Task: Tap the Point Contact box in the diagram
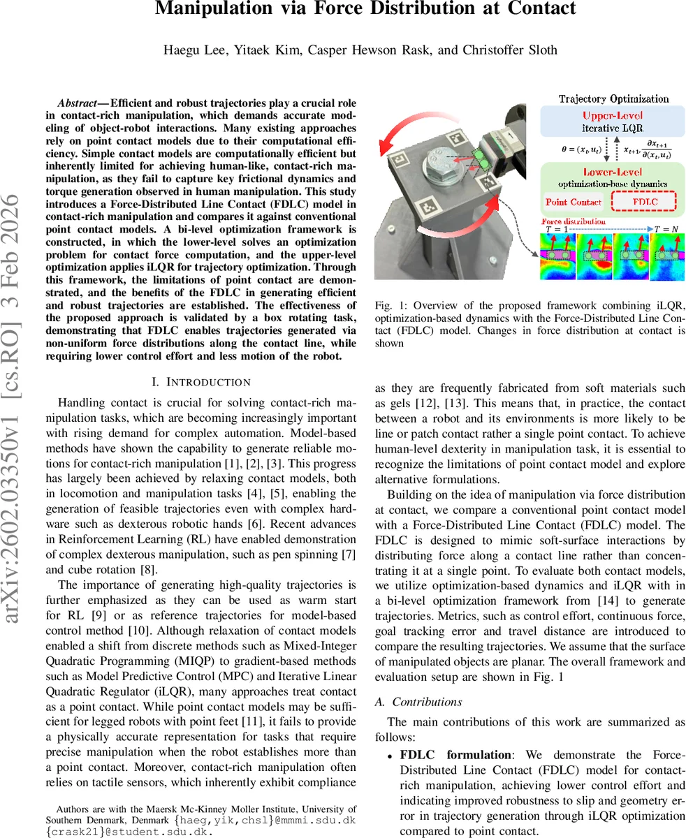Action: (573, 202)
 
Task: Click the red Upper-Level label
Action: (612, 116)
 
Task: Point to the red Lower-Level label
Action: (613, 171)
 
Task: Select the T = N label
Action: (669, 230)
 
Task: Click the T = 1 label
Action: (557, 230)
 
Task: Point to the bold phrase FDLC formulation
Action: (455, 755)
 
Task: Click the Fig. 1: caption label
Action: (388, 305)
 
